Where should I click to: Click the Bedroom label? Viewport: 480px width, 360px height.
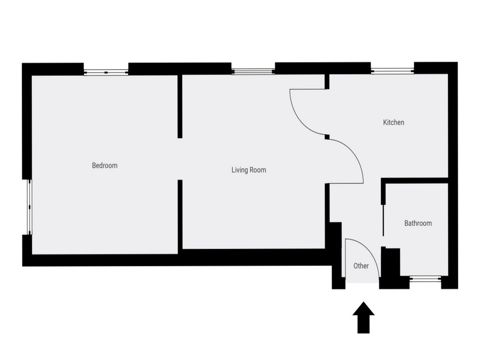[x=105, y=166]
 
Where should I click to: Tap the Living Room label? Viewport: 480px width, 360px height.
[x=249, y=170]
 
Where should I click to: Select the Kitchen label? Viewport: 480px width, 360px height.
[x=394, y=122]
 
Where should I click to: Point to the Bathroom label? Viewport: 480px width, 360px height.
[x=418, y=223]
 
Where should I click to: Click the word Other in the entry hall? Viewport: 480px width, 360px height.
[x=361, y=266]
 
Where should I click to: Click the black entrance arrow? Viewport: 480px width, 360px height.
[x=363, y=317]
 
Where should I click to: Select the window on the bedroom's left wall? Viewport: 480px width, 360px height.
[x=30, y=207]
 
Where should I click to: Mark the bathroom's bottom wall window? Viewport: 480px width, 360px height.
[x=425, y=279]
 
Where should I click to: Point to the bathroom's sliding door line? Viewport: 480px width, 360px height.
[x=383, y=220]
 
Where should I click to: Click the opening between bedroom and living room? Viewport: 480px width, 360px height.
[x=180, y=159]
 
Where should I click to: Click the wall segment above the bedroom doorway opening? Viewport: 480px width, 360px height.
[x=180, y=107]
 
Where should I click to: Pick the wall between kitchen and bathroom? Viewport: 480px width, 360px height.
[x=414, y=180]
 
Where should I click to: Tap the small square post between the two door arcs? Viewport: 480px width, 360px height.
[x=327, y=137]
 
